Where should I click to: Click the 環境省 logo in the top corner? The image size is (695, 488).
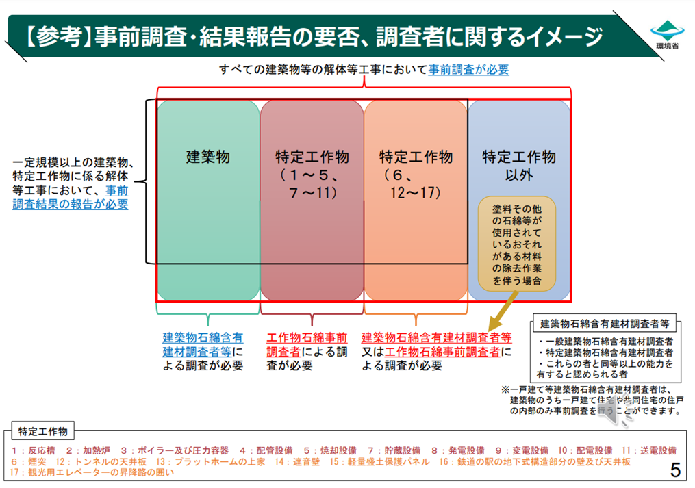point(666,34)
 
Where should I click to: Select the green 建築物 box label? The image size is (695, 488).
point(208,157)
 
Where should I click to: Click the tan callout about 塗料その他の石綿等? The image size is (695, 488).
point(517,242)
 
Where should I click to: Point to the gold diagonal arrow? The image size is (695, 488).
point(505,313)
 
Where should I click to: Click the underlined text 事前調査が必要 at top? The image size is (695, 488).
point(468,69)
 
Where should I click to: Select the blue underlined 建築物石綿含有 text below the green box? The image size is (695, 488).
point(203,337)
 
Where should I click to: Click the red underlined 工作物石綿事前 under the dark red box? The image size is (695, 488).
point(306,337)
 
